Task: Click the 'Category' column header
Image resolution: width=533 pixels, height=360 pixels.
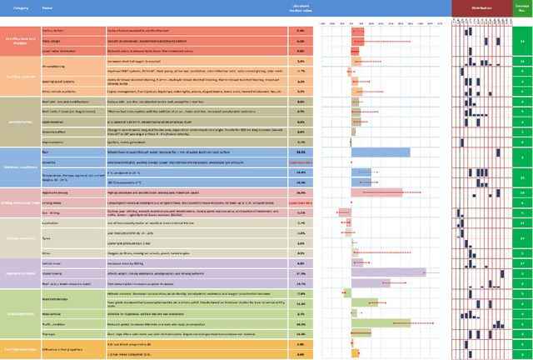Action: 22,7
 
